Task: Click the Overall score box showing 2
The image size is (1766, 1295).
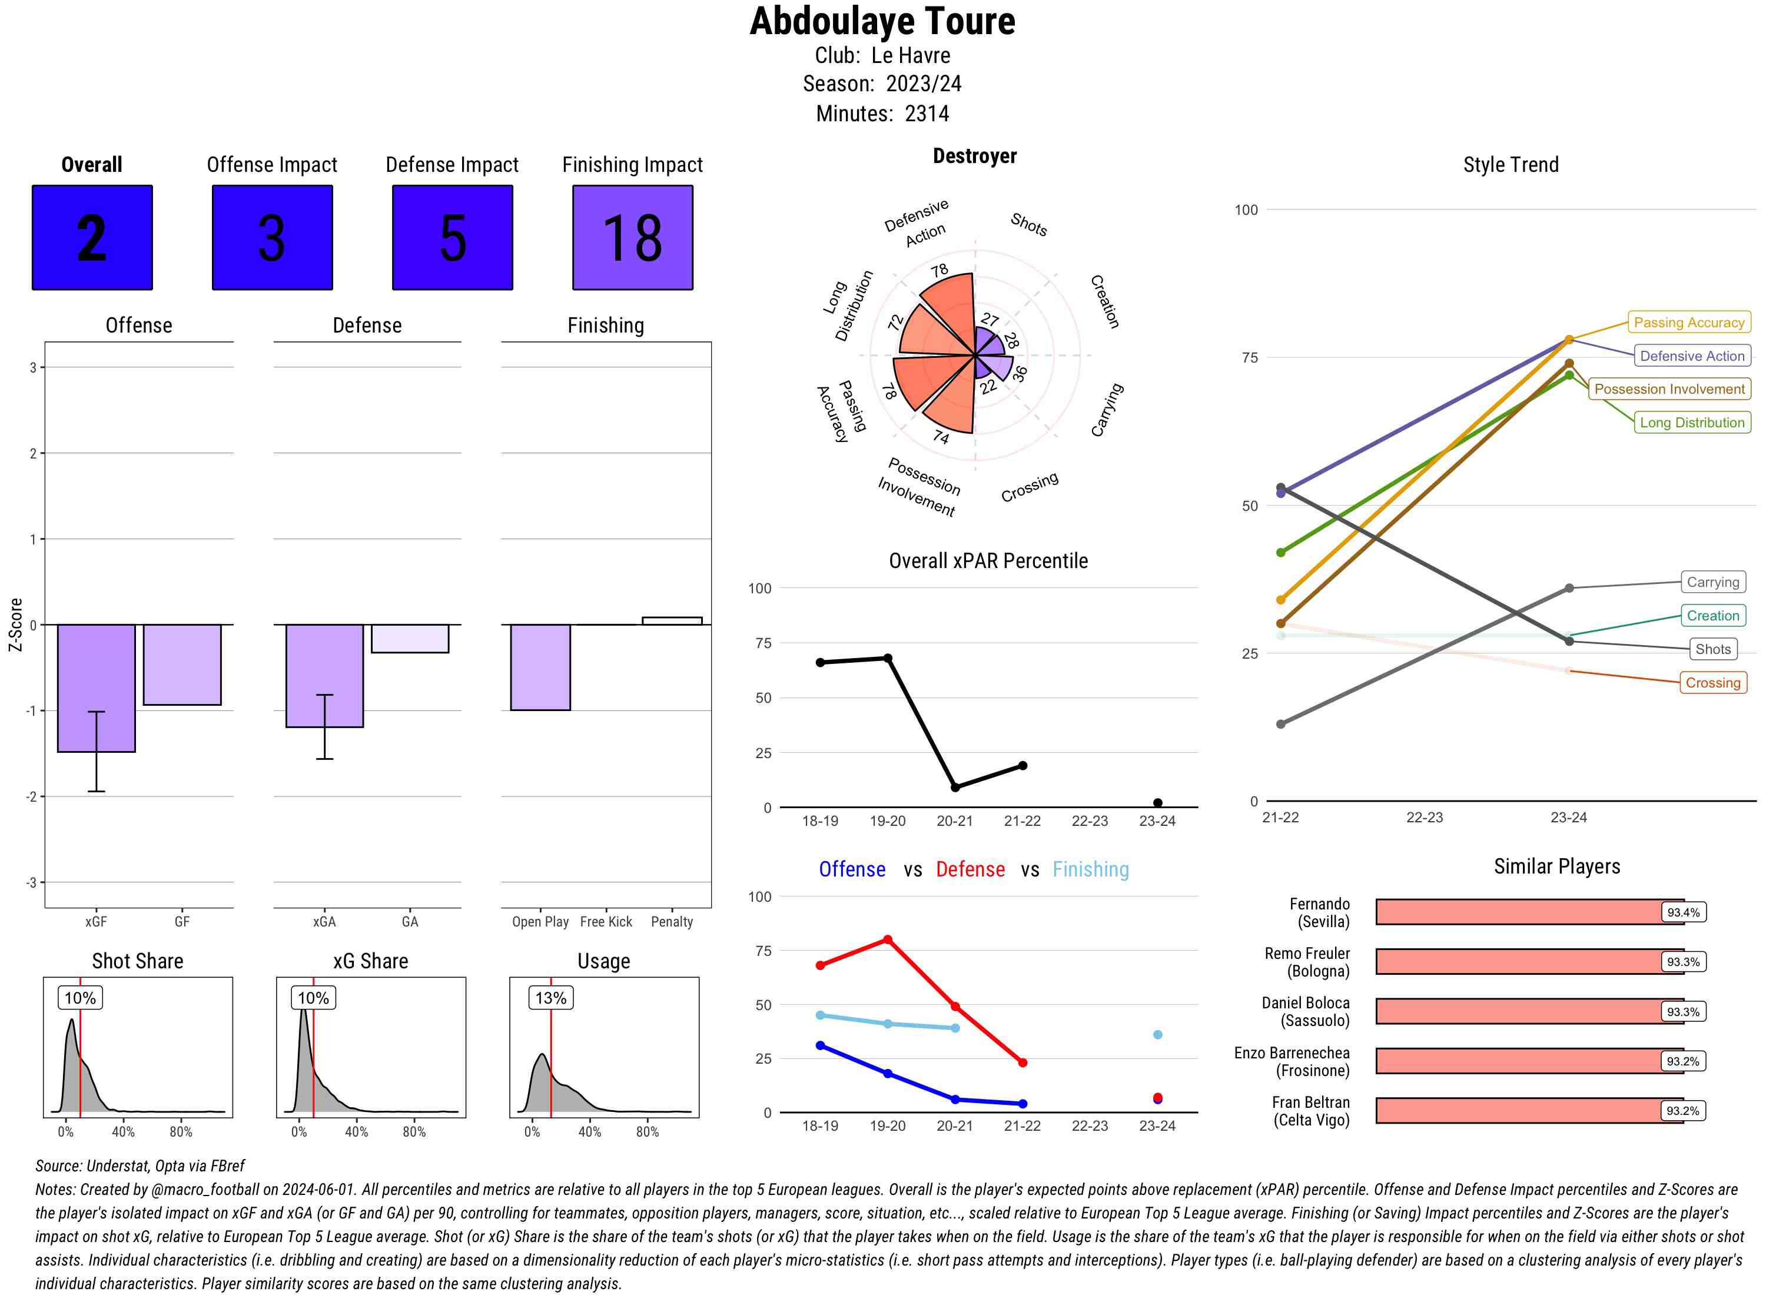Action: pos(92,238)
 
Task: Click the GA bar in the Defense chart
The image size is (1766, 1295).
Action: pos(409,638)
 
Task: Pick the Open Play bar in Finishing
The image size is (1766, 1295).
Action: pos(540,667)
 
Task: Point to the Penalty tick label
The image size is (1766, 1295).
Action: pos(672,922)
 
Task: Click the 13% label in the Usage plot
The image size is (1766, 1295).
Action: pos(550,998)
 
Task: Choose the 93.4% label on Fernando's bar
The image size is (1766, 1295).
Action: pos(1682,912)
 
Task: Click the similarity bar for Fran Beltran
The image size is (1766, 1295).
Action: pos(1529,1110)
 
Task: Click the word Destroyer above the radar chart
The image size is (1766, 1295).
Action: pos(974,156)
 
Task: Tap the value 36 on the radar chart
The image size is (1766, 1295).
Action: pos(1019,373)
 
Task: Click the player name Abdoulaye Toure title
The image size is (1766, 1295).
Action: pos(882,22)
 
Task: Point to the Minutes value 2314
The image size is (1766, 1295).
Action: pos(927,114)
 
